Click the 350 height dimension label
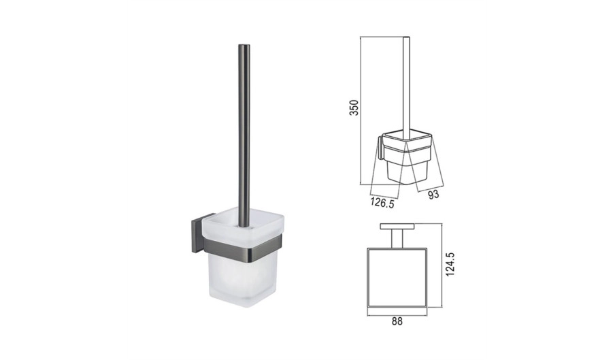[x=354, y=107]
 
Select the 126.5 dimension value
[x=382, y=203]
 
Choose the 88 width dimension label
[x=397, y=321]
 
